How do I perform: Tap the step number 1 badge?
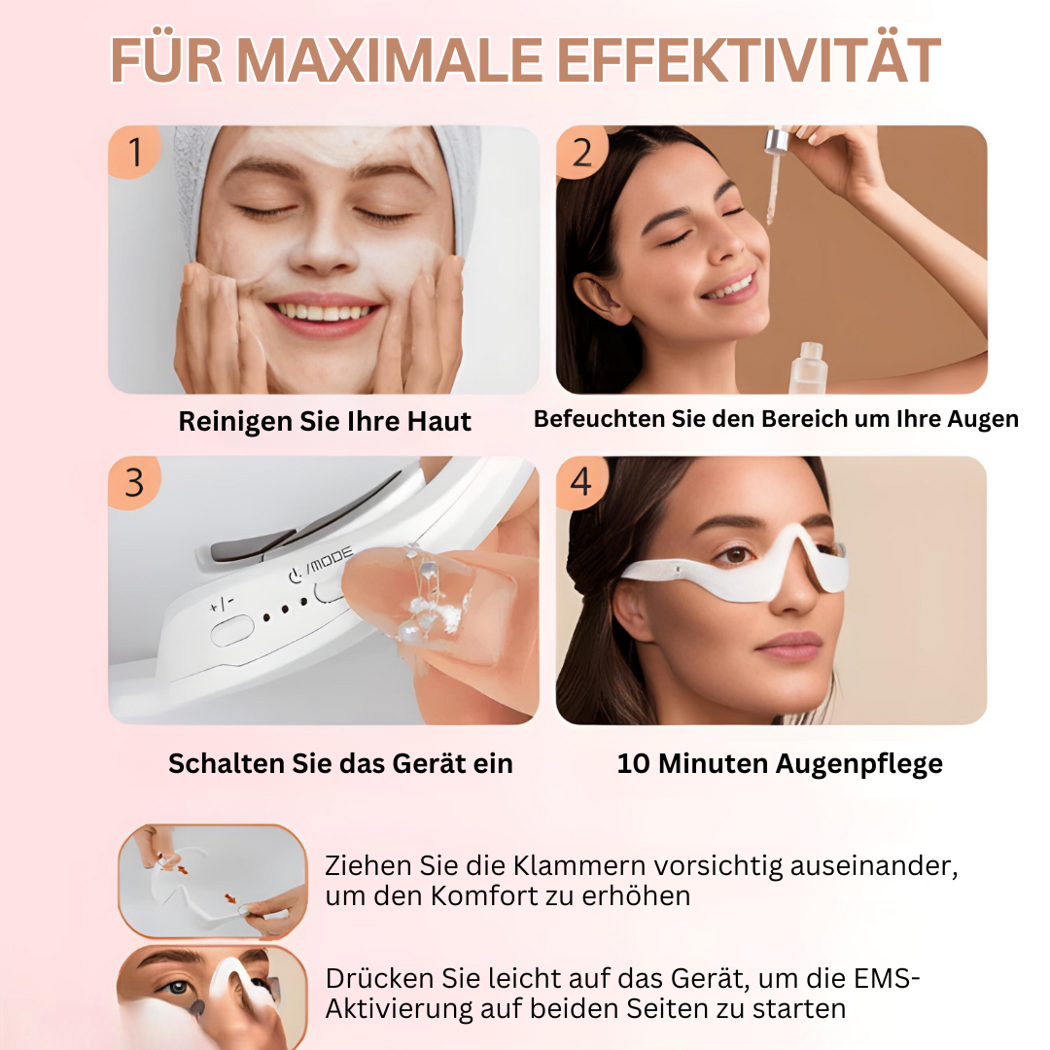tap(135, 153)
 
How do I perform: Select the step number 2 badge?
tap(582, 153)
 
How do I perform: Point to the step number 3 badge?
tap(135, 482)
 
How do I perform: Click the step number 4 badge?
tap(582, 482)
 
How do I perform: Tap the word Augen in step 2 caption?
tap(983, 419)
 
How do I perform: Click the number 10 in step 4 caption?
tap(634, 763)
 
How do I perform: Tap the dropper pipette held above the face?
tap(775, 175)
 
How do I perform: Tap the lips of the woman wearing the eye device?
tap(789, 646)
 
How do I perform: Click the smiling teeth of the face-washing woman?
tap(324, 311)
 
